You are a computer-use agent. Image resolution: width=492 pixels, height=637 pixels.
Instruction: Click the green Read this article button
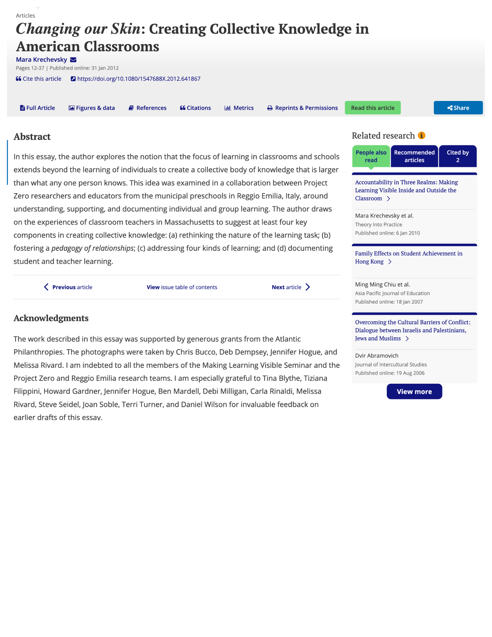coord(372,108)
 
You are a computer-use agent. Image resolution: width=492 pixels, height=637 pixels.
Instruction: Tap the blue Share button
coord(458,108)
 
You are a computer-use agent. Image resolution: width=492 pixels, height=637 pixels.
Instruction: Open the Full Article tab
coord(37,108)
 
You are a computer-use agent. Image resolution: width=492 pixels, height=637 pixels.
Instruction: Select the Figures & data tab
coord(92,108)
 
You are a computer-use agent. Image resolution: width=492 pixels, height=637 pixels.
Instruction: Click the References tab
coord(147,108)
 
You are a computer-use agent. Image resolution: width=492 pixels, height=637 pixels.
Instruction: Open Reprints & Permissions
coord(302,108)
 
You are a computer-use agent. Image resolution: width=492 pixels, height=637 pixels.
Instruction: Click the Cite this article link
coord(39,79)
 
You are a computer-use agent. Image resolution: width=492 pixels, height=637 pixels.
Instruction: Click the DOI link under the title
coord(139,79)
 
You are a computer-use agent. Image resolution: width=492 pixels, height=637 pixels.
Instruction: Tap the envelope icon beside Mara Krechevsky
coord(73,60)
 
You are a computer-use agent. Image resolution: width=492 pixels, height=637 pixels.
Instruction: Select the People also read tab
coord(371,156)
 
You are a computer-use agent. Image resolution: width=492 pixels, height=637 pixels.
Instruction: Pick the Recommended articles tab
coord(414,156)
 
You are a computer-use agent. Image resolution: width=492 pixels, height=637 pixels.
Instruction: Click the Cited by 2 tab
coord(457,156)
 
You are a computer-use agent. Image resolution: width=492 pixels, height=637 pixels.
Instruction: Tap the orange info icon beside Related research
coord(421,135)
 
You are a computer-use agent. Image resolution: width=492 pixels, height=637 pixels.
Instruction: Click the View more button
coord(414,391)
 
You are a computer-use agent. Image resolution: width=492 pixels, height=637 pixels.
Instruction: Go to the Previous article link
coord(68,287)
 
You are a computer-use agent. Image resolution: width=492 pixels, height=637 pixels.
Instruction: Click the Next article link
coord(290,287)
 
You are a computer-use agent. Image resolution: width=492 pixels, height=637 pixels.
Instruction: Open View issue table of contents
coord(182,287)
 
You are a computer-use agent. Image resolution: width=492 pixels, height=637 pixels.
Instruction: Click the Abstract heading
coord(32,136)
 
